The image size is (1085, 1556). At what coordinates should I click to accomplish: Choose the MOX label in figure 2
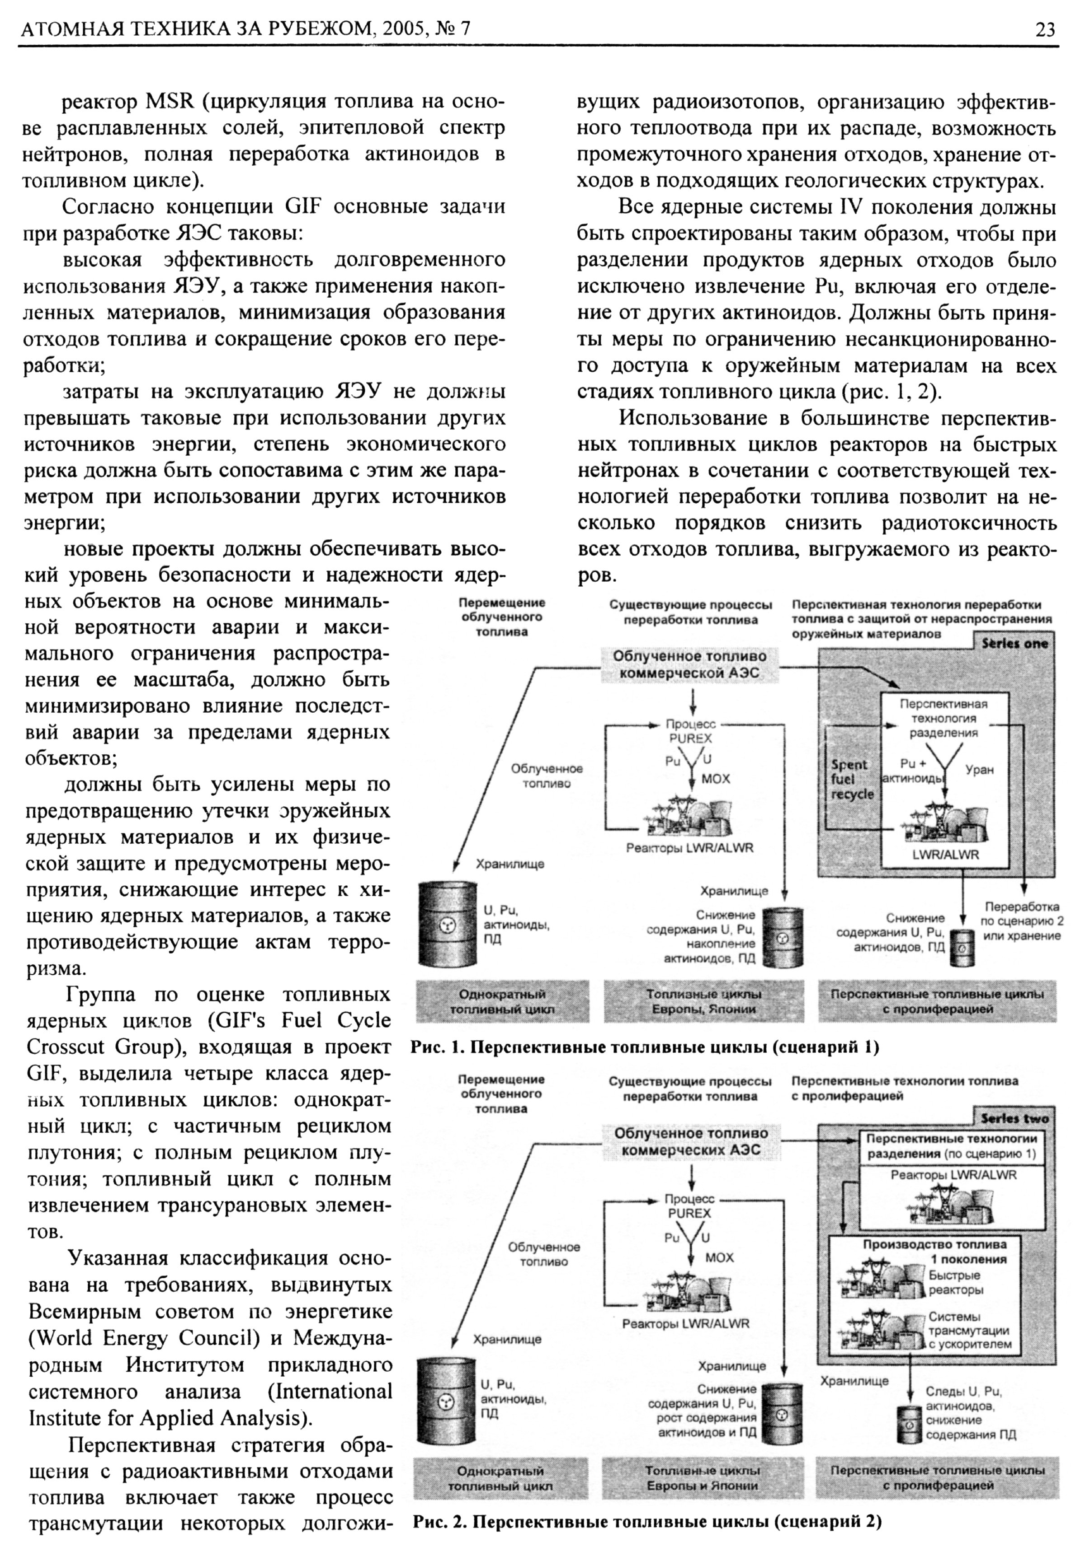719,1257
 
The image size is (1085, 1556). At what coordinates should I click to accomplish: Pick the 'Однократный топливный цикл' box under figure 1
502,1001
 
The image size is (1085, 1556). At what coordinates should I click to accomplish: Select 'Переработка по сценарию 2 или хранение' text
1021,921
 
